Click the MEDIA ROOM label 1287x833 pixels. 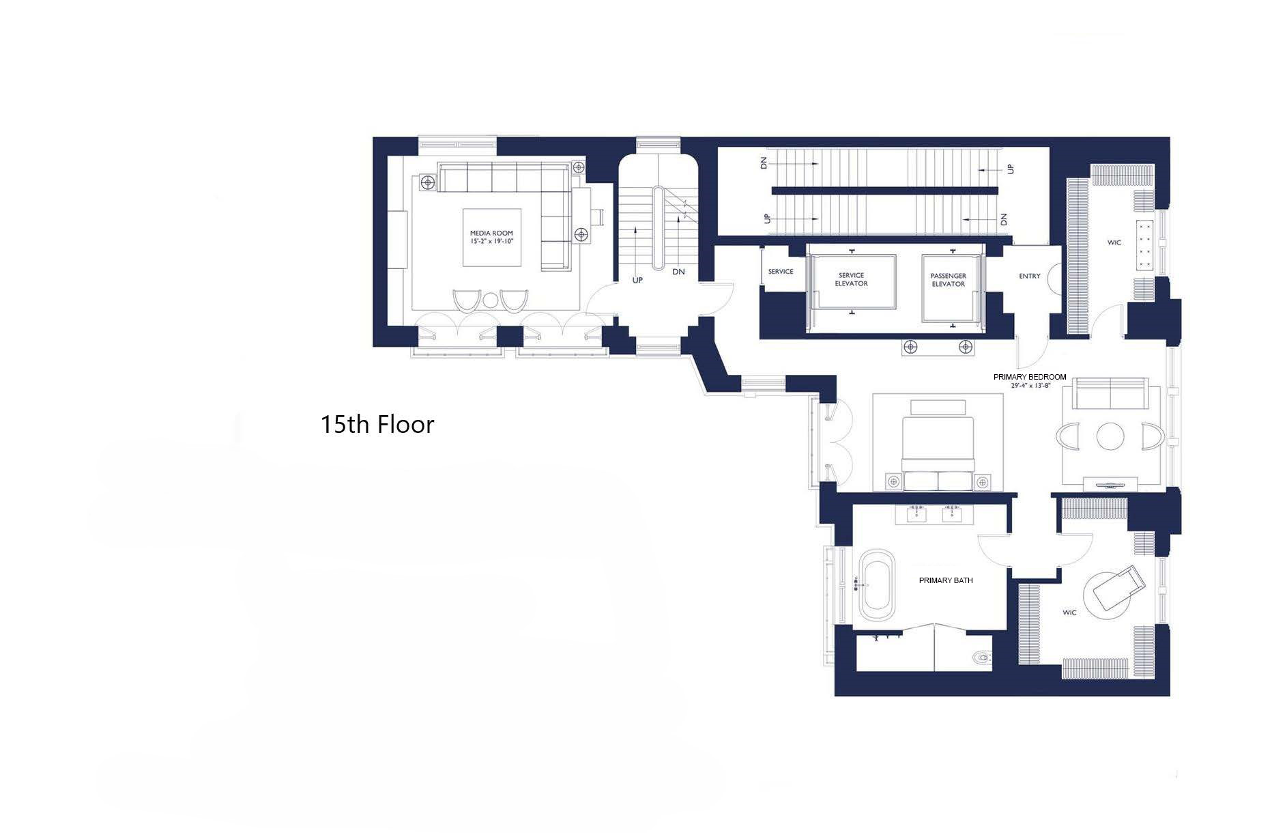(491, 233)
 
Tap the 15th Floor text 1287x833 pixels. (377, 425)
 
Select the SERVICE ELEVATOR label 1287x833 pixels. (851, 279)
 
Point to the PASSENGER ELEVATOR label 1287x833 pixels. (948, 280)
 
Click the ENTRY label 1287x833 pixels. (1029, 276)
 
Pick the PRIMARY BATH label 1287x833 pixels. (945, 580)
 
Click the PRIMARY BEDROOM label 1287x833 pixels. (1029, 377)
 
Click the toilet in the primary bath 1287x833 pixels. (981, 658)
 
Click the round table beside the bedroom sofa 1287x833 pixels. (1110, 436)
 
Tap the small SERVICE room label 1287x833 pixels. (780, 271)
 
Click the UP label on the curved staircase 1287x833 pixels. (637, 280)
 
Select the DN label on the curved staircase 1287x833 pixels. (678, 271)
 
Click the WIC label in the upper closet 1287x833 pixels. (1114, 242)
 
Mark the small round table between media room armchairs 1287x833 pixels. (491, 300)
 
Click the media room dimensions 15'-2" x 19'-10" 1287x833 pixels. (491, 242)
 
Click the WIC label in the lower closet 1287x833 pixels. (1069, 612)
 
